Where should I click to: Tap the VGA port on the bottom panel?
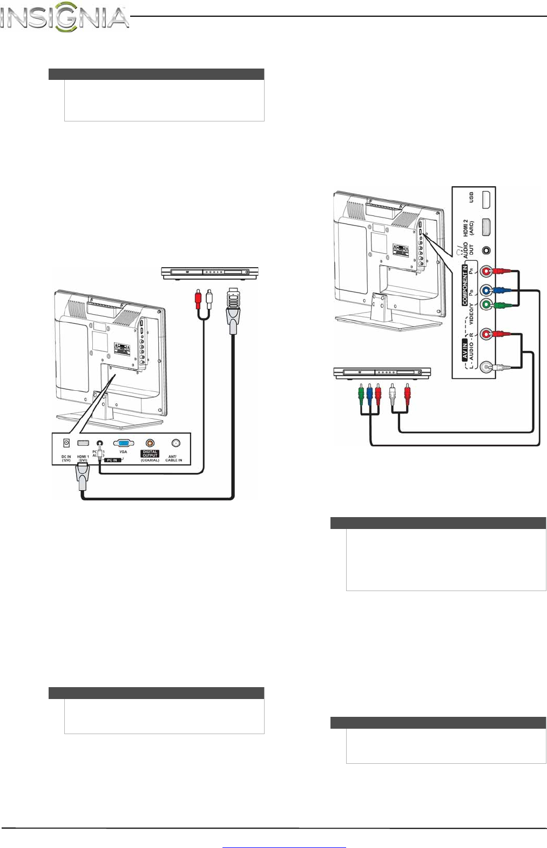tap(123, 443)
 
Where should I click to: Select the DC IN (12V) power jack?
tap(66, 443)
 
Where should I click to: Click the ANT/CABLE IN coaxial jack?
tap(175, 443)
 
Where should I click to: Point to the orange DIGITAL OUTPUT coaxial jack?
tap(150, 443)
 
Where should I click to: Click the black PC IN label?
tap(112, 460)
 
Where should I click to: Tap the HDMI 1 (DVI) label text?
tap(83, 458)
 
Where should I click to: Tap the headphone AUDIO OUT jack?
tap(487, 250)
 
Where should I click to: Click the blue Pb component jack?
tap(486, 290)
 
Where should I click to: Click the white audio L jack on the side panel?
tap(488, 367)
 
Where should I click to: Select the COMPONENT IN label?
tap(464, 285)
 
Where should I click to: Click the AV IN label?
tap(464, 349)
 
